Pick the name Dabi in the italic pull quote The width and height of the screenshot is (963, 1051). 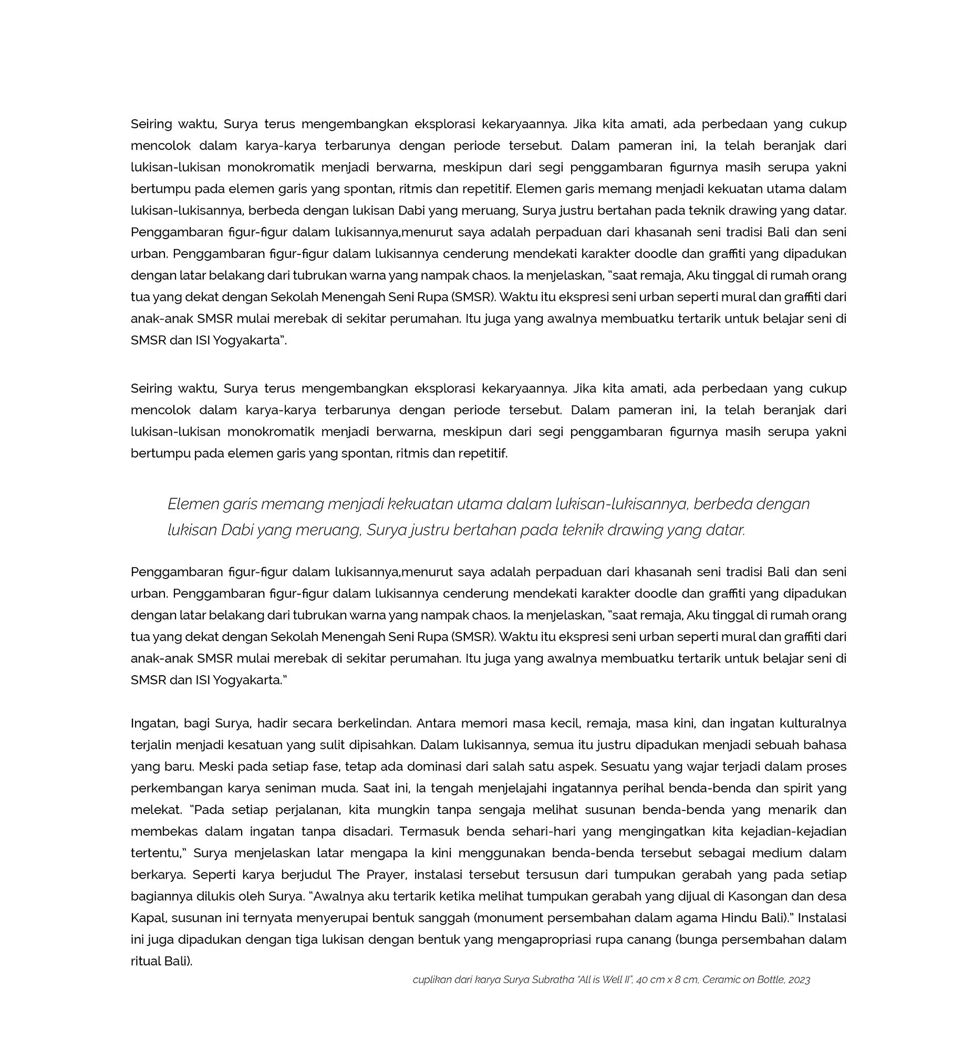pyautogui.click(x=237, y=530)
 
